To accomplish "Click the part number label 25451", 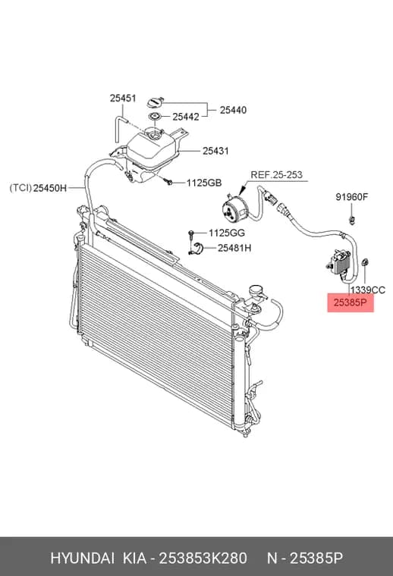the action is click(123, 99).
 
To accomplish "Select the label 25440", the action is click(233, 110).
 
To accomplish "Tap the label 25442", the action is click(186, 117).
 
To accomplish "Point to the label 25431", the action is click(215, 151).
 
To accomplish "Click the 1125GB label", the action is click(204, 183).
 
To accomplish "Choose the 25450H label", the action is click(50, 189).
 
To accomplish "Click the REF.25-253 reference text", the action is click(276, 175).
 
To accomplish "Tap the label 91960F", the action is click(351, 197).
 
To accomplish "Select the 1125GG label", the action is click(227, 233).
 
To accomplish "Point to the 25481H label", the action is click(234, 249).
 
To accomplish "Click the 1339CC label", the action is click(368, 290).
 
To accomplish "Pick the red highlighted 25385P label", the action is click(351, 302).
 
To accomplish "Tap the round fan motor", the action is click(234, 208).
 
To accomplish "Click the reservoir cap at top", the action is click(155, 102).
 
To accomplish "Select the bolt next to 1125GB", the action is click(168, 181).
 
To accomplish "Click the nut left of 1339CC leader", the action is click(366, 263).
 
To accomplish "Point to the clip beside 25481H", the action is click(198, 248).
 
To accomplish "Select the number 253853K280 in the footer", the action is click(203, 559).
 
